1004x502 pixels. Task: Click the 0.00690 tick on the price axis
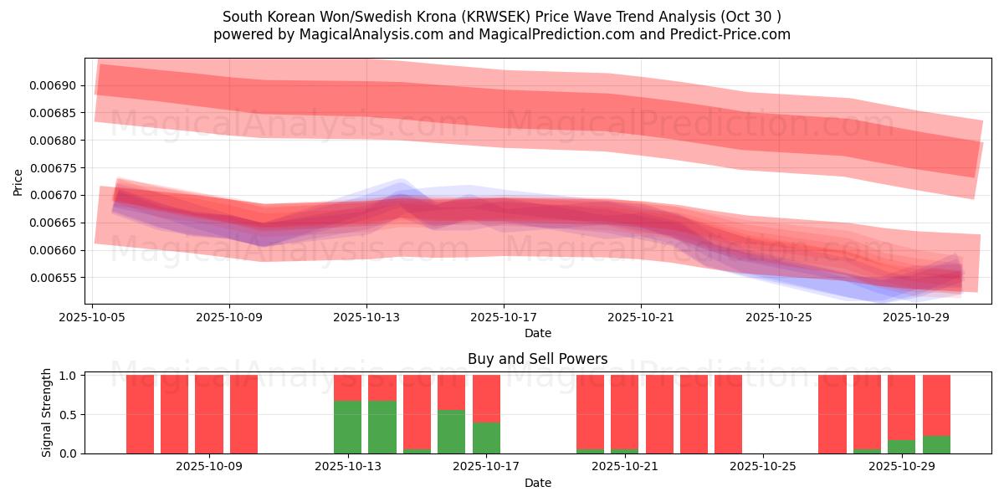[53, 85]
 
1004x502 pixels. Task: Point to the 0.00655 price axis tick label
[53, 278]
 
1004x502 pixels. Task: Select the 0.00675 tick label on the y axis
[53, 168]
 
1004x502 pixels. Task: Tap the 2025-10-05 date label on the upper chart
[92, 317]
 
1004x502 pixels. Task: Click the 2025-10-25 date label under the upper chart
[778, 317]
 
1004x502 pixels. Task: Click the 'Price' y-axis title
[18, 182]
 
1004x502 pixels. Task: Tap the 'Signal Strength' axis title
[47, 412]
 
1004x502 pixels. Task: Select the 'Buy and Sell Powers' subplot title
[537, 359]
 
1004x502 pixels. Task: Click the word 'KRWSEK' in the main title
[494, 17]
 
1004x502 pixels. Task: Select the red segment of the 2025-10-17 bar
[486, 398]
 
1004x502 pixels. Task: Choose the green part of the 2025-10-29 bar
[902, 447]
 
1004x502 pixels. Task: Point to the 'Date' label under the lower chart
[537, 483]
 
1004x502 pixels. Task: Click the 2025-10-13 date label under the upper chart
[366, 317]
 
